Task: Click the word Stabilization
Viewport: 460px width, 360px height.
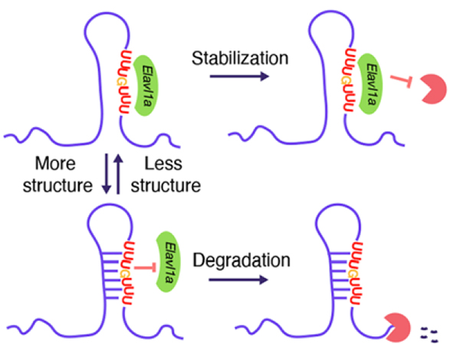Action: tap(230, 57)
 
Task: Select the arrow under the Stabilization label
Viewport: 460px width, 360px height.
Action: tap(230, 76)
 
